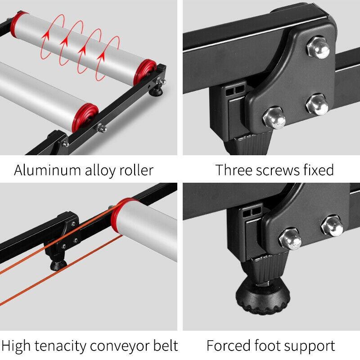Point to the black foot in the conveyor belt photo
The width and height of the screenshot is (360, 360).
tap(58, 265)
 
